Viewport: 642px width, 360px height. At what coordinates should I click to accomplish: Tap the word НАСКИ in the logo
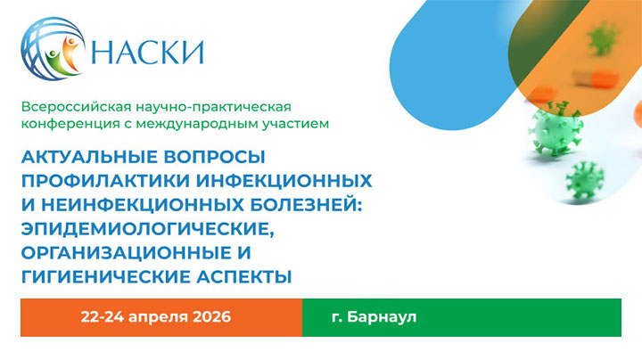click(147, 52)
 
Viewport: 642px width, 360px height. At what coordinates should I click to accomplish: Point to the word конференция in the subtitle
click(65, 123)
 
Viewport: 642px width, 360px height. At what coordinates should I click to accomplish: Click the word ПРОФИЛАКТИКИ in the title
click(95, 180)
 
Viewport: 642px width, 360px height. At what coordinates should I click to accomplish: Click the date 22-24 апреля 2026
click(156, 317)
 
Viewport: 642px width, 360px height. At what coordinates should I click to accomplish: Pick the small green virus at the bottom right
click(585, 181)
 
